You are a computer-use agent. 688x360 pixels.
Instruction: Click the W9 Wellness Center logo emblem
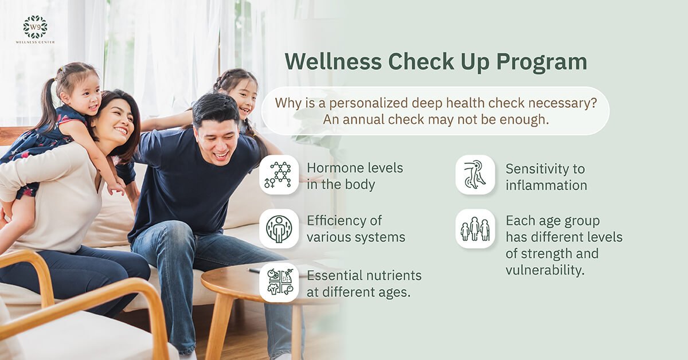pos(36,27)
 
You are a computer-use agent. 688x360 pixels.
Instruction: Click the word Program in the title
pos(541,62)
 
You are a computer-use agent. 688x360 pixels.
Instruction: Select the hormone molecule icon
pos(279,175)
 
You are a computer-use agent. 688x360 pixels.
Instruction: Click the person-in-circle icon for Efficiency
pos(279,229)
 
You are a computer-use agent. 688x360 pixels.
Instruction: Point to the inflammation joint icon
pos(475,175)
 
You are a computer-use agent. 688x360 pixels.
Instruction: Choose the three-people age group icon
pos(475,229)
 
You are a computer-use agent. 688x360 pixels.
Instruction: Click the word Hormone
pos(335,168)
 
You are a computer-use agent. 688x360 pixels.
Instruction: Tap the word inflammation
pos(546,185)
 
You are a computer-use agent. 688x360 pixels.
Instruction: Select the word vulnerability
pos(545,270)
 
